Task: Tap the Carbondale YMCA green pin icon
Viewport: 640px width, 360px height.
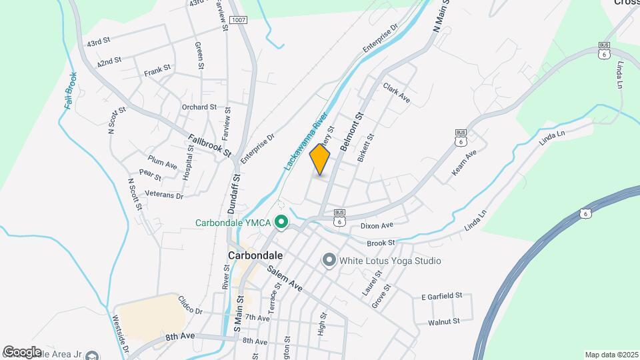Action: [281, 223]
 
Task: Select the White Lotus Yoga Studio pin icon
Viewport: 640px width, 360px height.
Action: [328, 261]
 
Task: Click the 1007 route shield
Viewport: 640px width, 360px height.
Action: [239, 21]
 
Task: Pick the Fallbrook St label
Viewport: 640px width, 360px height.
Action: [209, 146]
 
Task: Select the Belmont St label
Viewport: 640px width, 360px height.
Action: [351, 131]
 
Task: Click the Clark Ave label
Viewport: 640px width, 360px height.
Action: [396, 93]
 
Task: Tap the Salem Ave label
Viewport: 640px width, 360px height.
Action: [285, 279]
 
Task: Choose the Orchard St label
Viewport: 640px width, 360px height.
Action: [199, 107]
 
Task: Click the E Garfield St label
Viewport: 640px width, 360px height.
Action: [441, 295]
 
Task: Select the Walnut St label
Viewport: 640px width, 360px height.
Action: [444, 321]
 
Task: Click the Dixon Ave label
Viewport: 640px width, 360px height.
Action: [377, 226]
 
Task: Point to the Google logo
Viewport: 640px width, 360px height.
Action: [22, 352]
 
